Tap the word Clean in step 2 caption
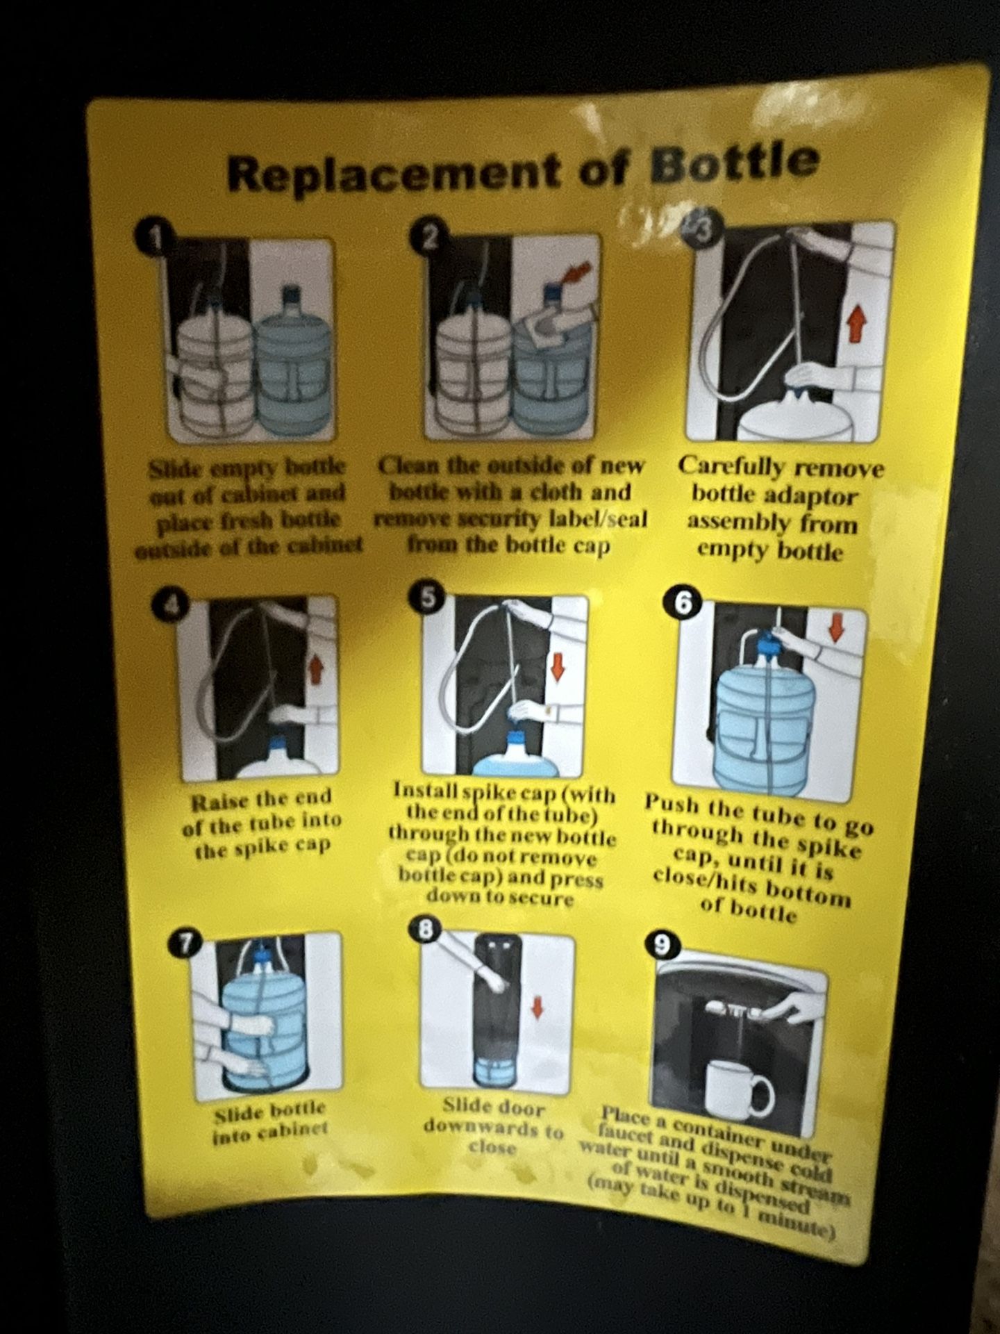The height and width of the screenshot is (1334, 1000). point(410,466)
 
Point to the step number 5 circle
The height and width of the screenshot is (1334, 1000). point(426,597)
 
